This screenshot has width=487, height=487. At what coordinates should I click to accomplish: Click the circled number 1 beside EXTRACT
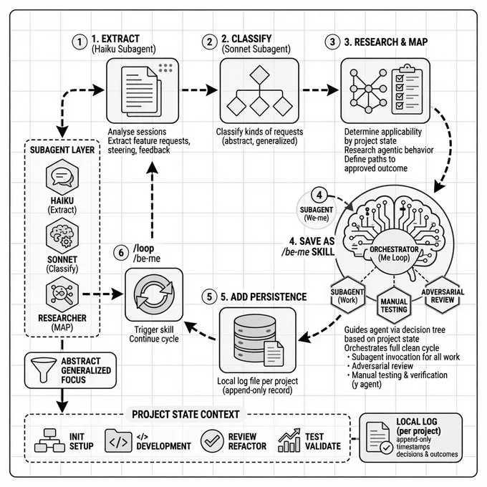79,42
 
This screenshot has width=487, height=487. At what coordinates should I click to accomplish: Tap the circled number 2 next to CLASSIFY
210,42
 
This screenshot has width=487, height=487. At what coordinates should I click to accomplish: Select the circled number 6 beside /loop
121,253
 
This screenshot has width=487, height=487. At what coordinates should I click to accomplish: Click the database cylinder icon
255,338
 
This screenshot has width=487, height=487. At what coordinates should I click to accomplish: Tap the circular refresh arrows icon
154,294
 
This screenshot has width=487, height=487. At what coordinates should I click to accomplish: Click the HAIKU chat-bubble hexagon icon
62,178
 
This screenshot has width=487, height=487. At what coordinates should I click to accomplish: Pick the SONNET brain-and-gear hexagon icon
62,236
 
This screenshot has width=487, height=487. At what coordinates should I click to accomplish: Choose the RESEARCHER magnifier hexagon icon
62,294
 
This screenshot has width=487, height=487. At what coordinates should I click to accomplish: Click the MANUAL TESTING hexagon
394,305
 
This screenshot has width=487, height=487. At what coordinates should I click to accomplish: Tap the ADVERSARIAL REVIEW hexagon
443,295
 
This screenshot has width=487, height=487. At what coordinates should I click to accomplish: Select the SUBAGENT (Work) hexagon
347,295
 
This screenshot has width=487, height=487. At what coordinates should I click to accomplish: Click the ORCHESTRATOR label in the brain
394,249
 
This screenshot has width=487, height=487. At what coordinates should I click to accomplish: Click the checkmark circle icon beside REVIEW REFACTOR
212,440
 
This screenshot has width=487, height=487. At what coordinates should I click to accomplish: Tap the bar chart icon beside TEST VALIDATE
289,440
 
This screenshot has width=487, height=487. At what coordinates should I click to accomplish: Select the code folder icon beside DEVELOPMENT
118,440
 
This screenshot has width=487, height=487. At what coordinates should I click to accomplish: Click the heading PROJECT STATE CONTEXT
185,415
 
